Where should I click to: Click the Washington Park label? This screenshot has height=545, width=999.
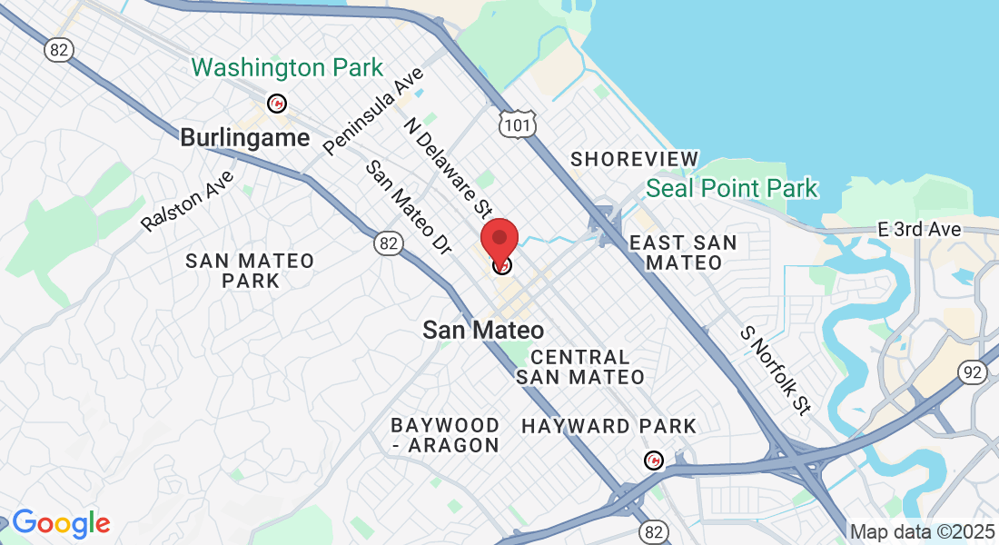coord(287,68)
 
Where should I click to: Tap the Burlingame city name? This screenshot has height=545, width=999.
coord(245,138)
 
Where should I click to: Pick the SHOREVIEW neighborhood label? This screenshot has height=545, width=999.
coord(635,160)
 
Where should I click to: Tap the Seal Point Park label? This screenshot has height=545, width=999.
coord(732,189)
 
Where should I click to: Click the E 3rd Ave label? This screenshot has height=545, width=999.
coord(919,230)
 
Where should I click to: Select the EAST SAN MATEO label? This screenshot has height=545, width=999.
coord(683,253)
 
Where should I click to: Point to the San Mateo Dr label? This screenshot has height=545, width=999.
coord(408,207)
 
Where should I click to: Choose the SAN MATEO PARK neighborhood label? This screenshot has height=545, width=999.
coord(250,271)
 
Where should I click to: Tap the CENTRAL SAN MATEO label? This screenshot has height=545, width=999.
coord(580,367)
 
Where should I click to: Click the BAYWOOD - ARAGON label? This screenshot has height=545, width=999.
coord(445,435)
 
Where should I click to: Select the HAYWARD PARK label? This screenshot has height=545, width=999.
coord(608,426)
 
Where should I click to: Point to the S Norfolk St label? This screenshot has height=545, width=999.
coord(774,371)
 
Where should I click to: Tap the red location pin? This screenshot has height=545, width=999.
coord(499,240)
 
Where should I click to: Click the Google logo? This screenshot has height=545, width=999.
coord(61,523)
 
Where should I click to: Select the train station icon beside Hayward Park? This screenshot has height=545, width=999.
coord(653,461)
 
